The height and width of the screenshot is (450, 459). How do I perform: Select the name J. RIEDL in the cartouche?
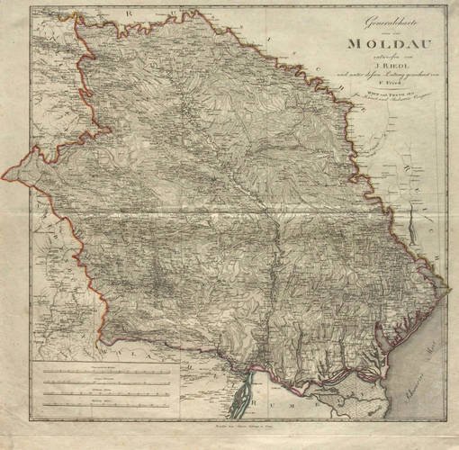[376, 63]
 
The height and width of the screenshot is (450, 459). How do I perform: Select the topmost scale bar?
[108, 371]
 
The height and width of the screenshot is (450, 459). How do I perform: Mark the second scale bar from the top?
[108, 382]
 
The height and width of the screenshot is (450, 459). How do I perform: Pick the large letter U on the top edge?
[133, 20]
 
